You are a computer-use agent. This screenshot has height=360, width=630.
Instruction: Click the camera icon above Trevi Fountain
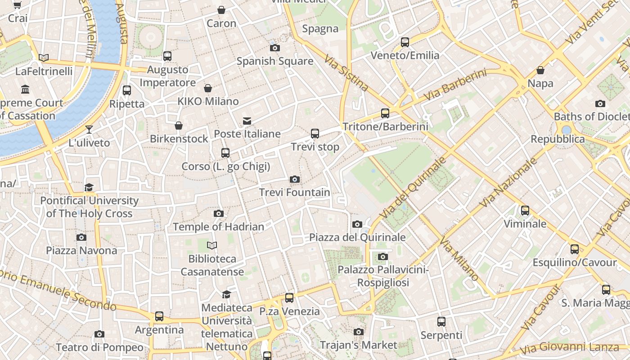(x=295, y=180)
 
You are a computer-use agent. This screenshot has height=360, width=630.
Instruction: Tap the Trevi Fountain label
(x=295, y=193)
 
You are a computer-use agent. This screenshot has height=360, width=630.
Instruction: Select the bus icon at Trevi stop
(x=315, y=134)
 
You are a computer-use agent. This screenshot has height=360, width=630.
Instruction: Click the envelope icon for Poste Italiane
(x=247, y=121)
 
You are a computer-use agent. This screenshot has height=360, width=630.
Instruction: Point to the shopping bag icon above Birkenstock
(x=179, y=126)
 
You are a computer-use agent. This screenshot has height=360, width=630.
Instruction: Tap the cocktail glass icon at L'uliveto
(x=89, y=130)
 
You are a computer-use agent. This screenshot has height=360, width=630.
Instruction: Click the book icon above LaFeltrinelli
(x=44, y=58)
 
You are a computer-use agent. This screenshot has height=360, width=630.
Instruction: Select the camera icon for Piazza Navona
(x=81, y=237)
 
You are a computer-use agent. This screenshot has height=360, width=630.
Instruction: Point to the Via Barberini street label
(x=455, y=85)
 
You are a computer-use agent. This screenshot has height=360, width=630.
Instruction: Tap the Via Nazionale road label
(x=508, y=182)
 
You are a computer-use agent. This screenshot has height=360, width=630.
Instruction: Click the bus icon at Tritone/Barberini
(x=385, y=113)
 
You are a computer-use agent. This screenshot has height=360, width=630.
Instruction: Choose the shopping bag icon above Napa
(x=540, y=71)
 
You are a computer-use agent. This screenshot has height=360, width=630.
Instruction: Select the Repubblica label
(x=558, y=139)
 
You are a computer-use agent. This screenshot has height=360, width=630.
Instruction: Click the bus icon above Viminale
(x=525, y=211)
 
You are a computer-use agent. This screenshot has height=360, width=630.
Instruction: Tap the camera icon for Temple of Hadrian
(x=219, y=213)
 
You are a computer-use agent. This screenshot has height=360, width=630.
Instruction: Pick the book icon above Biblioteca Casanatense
(x=212, y=245)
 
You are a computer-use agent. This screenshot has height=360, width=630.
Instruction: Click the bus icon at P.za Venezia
(x=289, y=298)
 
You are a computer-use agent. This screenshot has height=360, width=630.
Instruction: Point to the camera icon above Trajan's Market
(x=359, y=332)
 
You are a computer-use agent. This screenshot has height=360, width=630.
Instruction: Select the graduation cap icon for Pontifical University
(x=89, y=187)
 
